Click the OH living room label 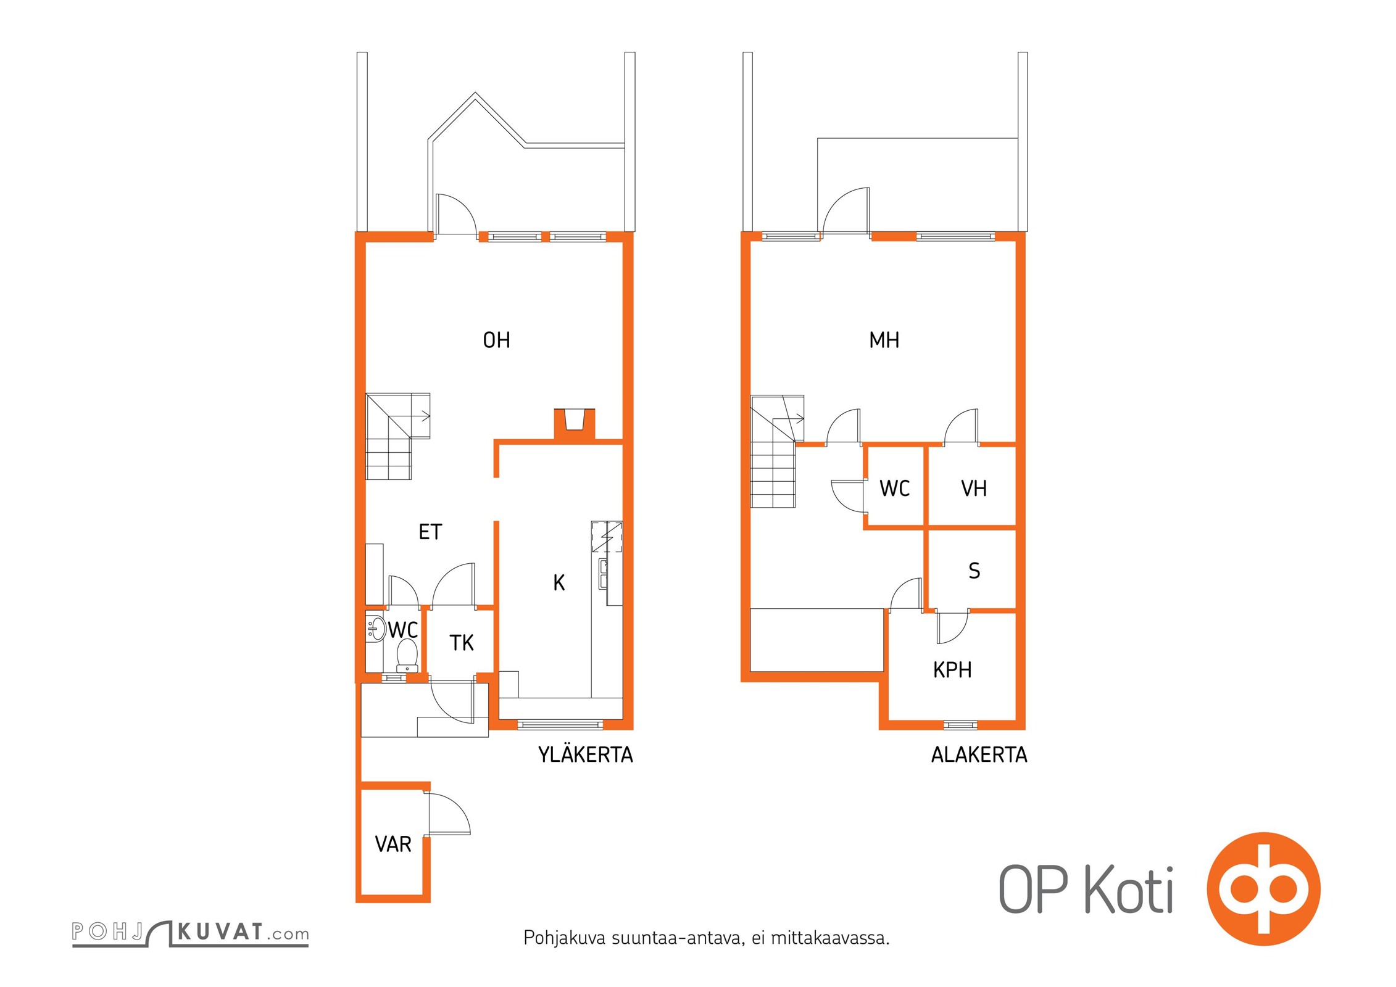tap(496, 340)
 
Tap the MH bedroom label tap(884, 340)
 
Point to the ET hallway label tap(430, 532)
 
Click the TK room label tap(461, 643)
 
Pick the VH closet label tap(973, 489)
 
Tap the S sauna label tap(974, 571)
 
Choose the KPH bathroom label tap(952, 670)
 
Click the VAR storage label tap(393, 844)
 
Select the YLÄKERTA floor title tap(585, 754)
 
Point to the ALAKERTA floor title tap(979, 754)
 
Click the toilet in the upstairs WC tap(407, 655)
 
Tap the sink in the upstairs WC tap(374, 628)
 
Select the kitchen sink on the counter tap(603, 573)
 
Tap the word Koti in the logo tap(1128, 890)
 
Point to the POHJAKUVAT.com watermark tap(190, 933)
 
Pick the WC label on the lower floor tap(894, 489)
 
